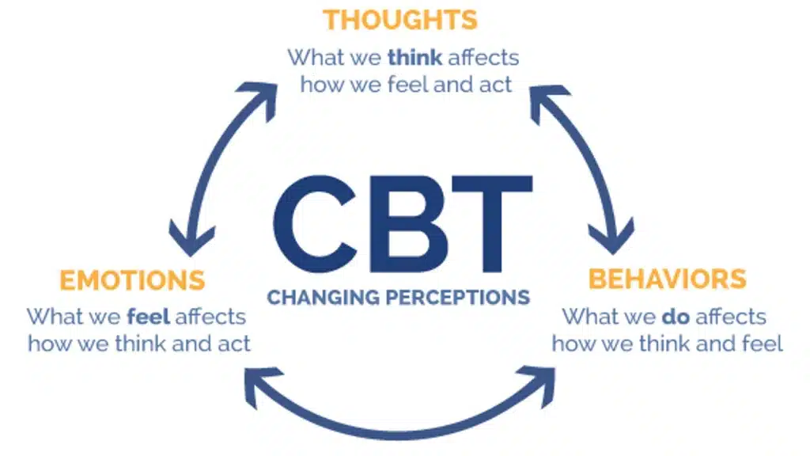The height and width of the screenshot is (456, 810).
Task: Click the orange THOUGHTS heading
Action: tap(400, 20)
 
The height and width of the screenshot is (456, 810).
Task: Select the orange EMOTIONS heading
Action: tap(132, 280)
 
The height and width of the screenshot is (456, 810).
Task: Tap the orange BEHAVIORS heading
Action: tap(667, 279)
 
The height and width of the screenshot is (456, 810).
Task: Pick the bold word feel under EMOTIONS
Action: tap(148, 317)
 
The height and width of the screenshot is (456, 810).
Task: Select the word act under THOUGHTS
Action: tap(496, 84)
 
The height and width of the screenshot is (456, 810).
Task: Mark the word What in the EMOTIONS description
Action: tap(55, 317)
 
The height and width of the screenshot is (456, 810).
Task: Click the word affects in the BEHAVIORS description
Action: tap(732, 317)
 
